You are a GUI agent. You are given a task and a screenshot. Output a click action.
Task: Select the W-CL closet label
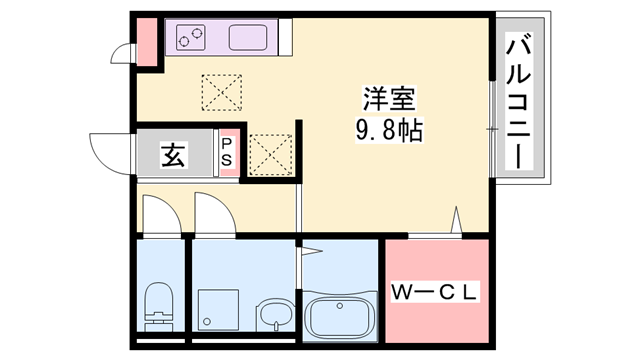[435, 293]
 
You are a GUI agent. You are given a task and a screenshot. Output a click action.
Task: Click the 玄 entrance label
[173, 156]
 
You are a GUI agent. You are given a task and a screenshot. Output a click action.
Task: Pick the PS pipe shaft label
[227, 152]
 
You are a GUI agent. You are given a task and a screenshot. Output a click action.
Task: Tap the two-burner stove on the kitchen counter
[192, 39]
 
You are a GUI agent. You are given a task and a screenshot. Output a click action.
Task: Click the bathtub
[338, 317]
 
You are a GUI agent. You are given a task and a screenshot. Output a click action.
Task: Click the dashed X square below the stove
[221, 93]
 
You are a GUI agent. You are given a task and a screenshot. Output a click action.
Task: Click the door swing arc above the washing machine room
[211, 214]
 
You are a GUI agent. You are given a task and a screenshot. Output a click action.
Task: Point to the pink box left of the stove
[148, 42]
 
